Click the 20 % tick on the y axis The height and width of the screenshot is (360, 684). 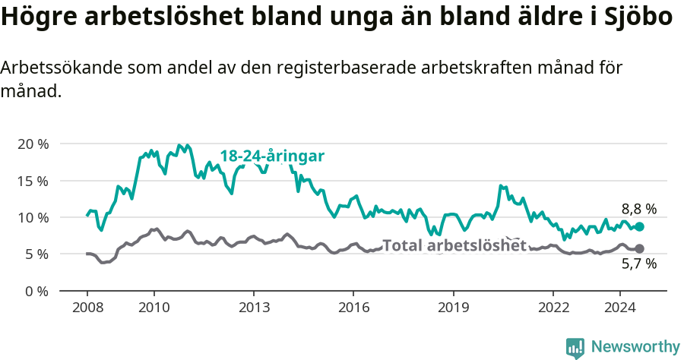click(x=33, y=144)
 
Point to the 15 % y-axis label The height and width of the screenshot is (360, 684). click(x=33, y=181)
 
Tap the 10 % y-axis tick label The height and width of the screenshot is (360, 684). click(x=33, y=217)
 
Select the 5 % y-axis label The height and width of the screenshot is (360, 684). click(x=36, y=254)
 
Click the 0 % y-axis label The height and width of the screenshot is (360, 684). click(x=36, y=291)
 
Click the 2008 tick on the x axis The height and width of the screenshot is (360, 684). click(x=87, y=308)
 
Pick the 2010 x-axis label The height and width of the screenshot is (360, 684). click(x=154, y=308)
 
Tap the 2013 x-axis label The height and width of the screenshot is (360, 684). click(x=254, y=308)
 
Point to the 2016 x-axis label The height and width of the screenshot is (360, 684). click(x=353, y=308)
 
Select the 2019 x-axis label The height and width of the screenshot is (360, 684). click(x=454, y=308)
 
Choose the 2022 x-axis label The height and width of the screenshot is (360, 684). click(x=553, y=308)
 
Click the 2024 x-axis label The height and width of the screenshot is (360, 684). click(x=619, y=308)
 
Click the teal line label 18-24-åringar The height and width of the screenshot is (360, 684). click(x=272, y=156)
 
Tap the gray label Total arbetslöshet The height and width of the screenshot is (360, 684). click(x=454, y=245)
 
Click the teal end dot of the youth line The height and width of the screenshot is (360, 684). click(x=640, y=226)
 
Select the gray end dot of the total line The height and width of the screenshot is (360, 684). click(x=640, y=248)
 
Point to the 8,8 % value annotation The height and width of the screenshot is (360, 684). click(x=638, y=209)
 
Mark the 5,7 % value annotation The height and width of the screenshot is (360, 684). click(x=638, y=264)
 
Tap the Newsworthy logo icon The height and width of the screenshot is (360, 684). click(x=575, y=347)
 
